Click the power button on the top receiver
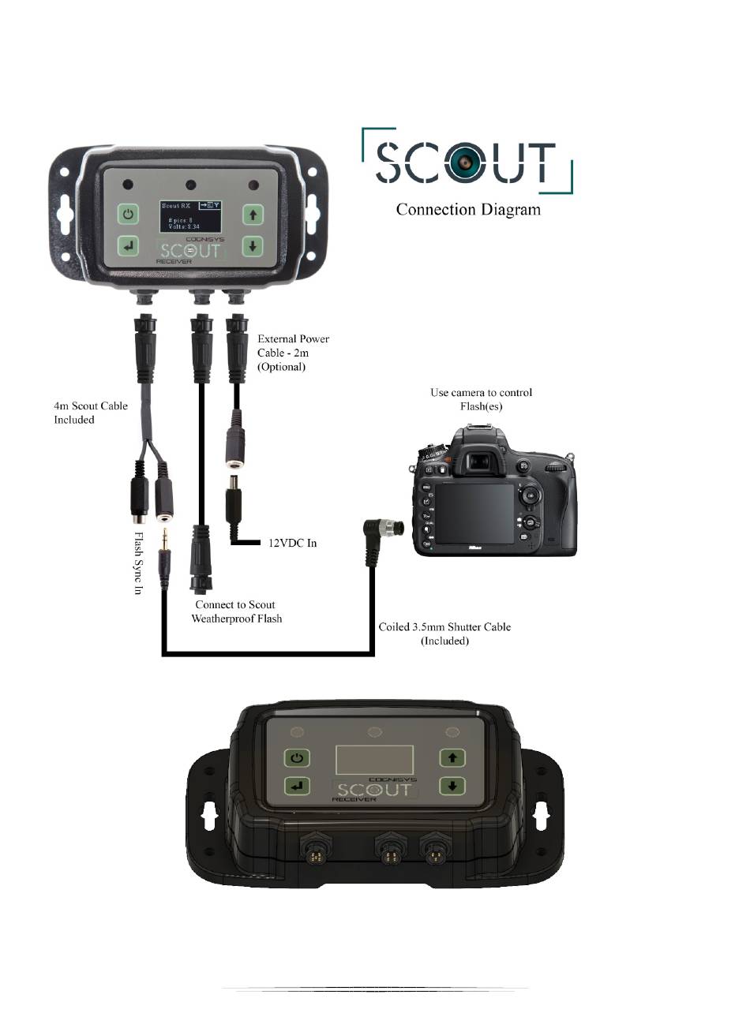pyautogui.click(x=129, y=215)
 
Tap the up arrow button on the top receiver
pyautogui.click(x=252, y=215)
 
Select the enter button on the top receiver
pyautogui.click(x=129, y=246)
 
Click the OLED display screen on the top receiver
pyautogui.click(x=189, y=215)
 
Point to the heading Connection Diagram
pyautogui.click(x=468, y=210)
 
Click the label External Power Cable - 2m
pyautogui.click(x=293, y=353)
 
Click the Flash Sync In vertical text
pyautogui.click(x=138, y=563)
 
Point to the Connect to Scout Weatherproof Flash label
pyautogui.click(x=236, y=611)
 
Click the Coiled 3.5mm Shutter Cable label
pyautogui.click(x=444, y=634)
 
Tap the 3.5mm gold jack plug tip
pyautogui.click(x=164, y=544)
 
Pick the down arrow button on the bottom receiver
pyautogui.click(x=452, y=786)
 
